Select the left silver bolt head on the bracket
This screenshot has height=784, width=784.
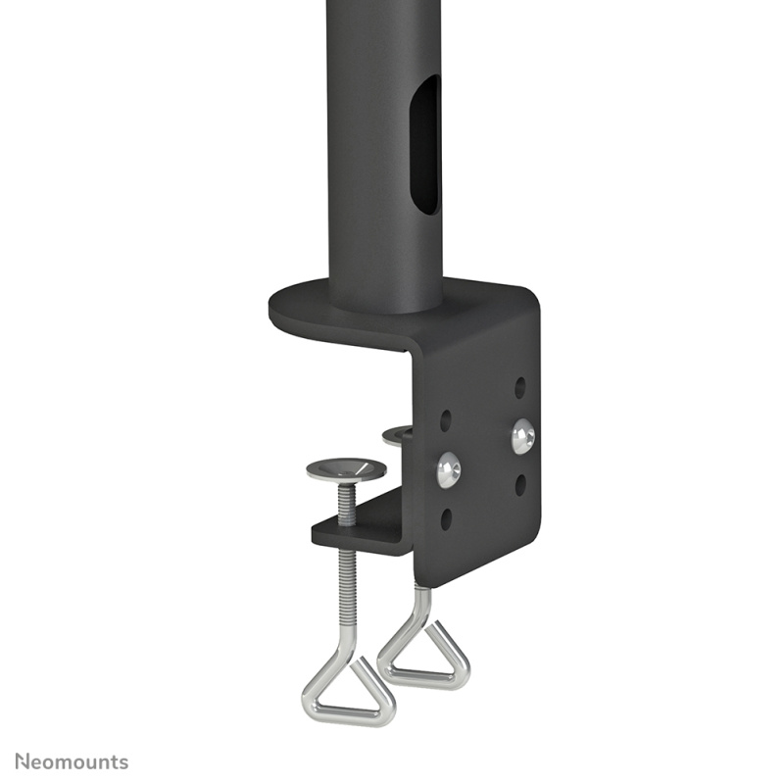tap(449, 469)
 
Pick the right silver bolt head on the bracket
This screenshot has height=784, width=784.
tap(523, 436)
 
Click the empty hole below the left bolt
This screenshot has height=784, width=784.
tap(447, 519)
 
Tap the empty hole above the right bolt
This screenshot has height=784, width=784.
tap(520, 386)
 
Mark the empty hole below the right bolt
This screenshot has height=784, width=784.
tap(520, 484)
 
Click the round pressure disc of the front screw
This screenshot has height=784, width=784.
tap(346, 469)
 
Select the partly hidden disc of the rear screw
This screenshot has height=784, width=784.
tap(398, 434)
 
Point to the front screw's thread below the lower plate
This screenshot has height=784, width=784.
tap(347, 588)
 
